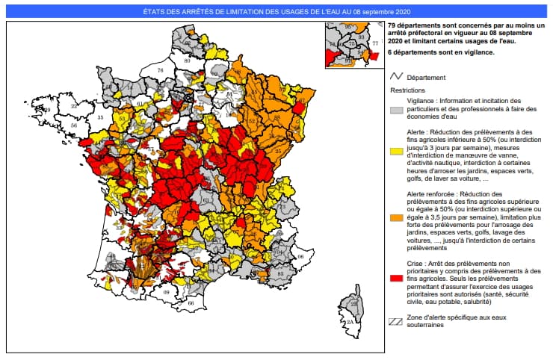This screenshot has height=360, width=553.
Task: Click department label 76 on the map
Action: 159,69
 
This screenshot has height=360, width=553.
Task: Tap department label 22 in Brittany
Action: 74,106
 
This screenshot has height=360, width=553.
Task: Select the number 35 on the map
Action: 101,118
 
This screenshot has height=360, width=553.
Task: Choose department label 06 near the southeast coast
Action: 301,256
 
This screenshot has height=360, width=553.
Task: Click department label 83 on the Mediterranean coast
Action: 280,274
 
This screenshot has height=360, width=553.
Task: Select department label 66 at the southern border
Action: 191,303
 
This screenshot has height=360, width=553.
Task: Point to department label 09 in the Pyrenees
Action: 166,292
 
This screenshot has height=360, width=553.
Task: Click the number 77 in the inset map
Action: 375,44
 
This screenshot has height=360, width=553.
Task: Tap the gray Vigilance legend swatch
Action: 396,109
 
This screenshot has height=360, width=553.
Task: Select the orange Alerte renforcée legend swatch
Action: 396,217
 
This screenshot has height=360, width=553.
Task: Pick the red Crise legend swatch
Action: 396,278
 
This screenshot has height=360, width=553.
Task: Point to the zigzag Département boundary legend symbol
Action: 396,77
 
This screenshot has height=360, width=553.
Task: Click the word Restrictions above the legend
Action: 407,90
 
